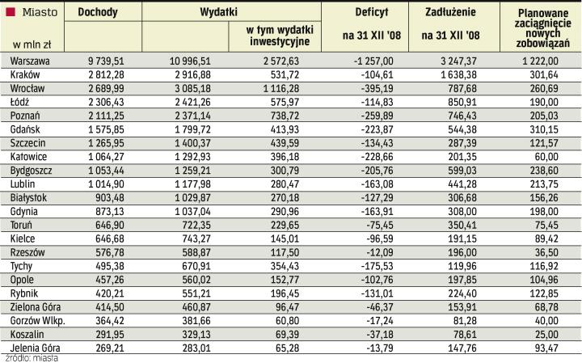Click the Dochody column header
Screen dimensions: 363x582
(x=101, y=13)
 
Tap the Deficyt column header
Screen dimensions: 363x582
(x=371, y=13)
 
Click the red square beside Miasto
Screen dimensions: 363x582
(x=11, y=11)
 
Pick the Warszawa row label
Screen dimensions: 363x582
(x=28, y=61)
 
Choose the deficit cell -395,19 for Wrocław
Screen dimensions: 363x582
(x=374, y=87)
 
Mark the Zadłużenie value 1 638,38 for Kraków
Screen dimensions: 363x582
(x=458, y=74)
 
